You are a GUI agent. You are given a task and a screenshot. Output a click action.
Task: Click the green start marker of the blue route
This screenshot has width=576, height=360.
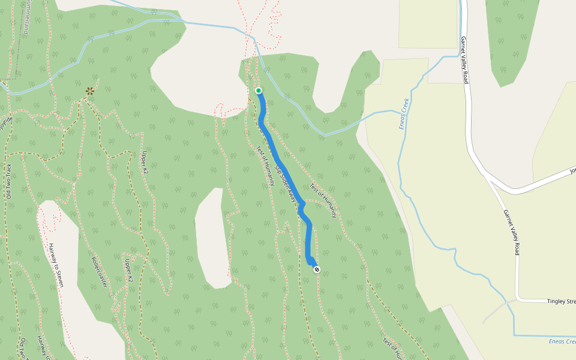259,91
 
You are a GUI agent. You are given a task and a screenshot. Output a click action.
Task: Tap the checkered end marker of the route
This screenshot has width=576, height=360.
316,269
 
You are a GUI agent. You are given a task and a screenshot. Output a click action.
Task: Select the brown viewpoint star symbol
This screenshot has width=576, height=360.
89,91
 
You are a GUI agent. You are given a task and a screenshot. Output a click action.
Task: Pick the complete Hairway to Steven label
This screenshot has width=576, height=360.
56,265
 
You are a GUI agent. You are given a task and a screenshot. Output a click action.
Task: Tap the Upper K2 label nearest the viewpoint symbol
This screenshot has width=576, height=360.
145,162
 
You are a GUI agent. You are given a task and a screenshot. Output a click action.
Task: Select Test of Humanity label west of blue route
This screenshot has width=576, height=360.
265,164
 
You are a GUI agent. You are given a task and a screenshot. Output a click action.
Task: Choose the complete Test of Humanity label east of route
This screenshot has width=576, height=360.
323,200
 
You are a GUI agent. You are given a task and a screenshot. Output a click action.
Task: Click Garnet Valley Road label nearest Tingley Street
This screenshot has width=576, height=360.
511,232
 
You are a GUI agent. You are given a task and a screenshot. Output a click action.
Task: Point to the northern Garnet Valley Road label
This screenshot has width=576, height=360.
464,60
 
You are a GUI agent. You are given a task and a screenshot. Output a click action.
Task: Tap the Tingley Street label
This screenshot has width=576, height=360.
561,301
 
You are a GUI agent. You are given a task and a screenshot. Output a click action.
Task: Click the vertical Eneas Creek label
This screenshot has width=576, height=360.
403,113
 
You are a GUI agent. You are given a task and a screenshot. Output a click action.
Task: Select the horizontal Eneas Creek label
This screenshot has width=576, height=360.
562,341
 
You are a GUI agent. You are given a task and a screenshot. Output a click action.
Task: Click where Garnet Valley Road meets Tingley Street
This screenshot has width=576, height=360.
517,298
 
